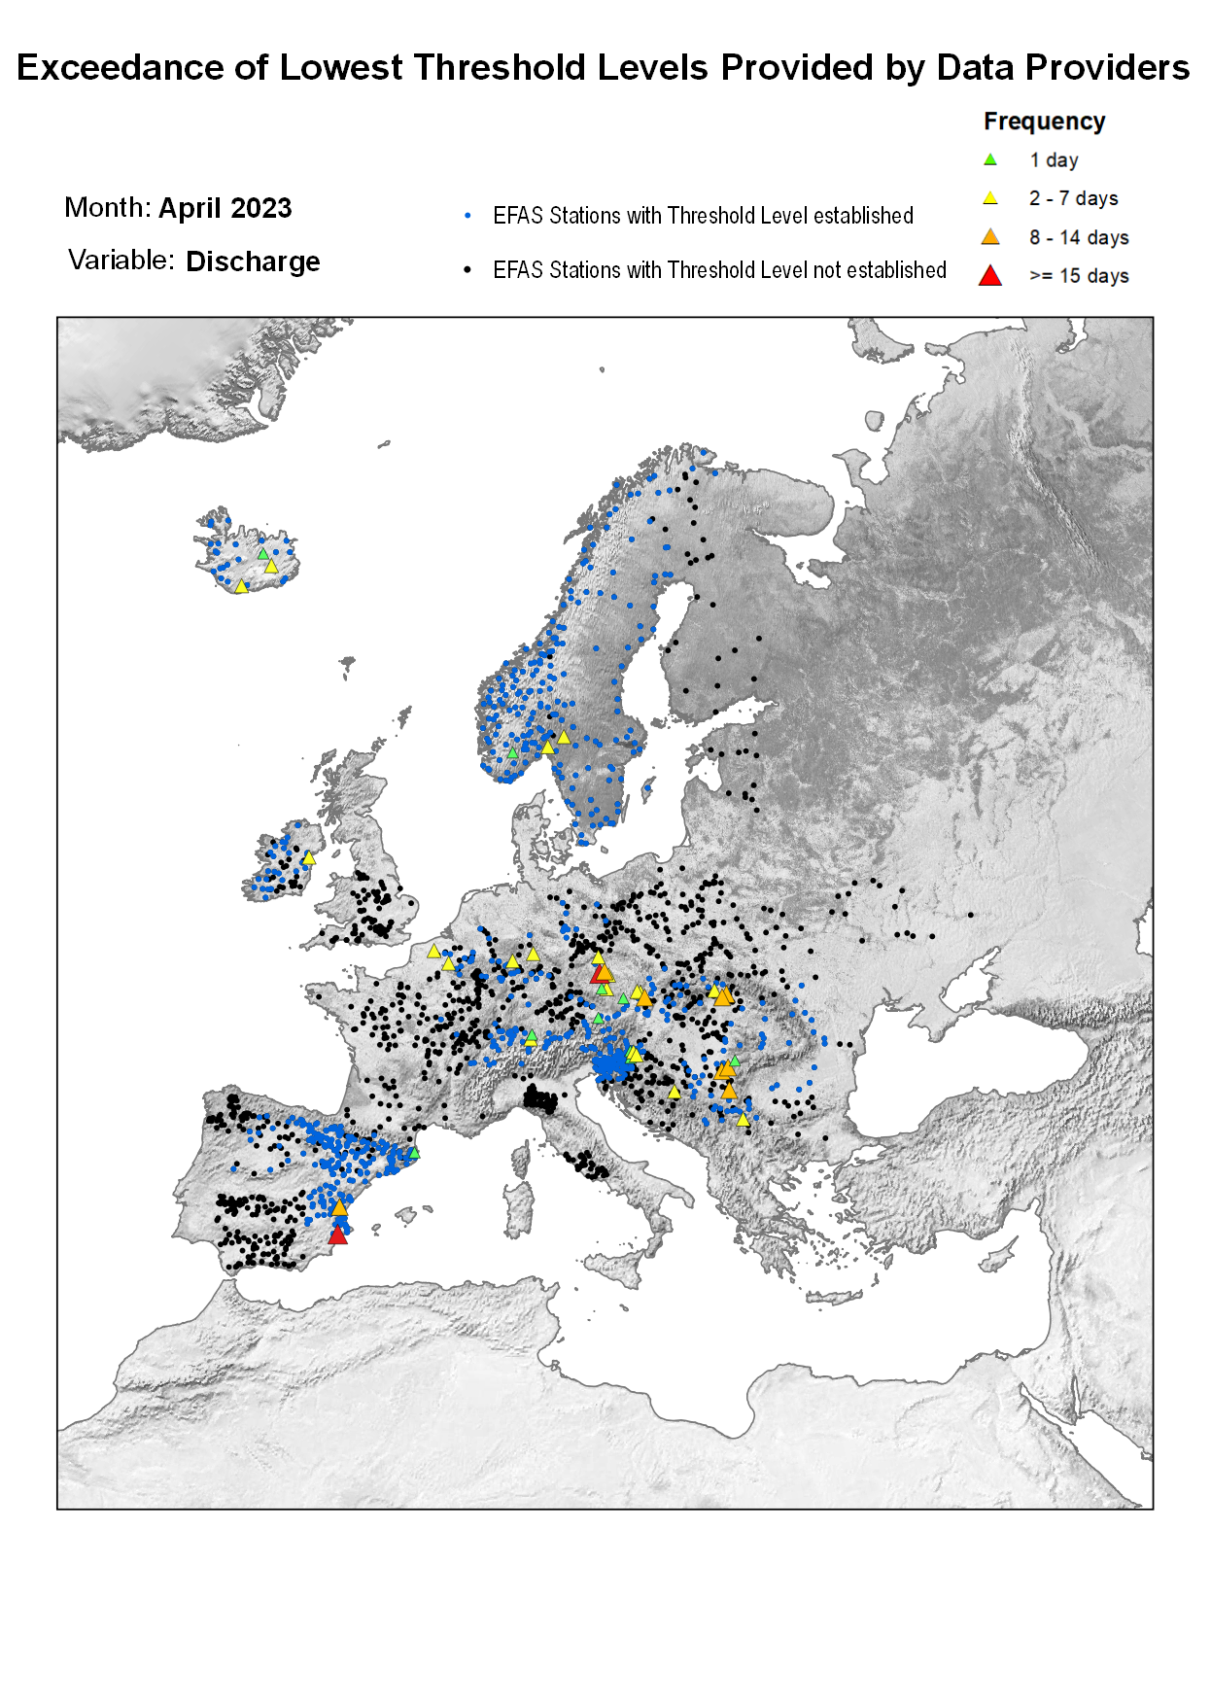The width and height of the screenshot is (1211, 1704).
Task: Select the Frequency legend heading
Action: [x=1044, y=122]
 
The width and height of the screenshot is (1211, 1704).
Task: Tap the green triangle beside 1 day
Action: [x=990, y=159]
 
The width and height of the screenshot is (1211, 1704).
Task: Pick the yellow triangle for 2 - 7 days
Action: [x=990, y=198]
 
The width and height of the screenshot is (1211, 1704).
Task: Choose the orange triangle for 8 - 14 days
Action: [x=990, y=237]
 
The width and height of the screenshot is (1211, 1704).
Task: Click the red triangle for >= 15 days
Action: [x=990, y=276]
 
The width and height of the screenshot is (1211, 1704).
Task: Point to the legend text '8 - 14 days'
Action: [x=1079, y=238]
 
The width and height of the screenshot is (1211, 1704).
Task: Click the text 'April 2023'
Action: [x=225, y=208]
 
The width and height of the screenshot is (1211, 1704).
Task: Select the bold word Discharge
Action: [x=253, y=261]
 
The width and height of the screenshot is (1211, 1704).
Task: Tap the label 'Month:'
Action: [x=108, y=208]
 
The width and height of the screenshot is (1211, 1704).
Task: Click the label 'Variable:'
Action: [x=121, y=261]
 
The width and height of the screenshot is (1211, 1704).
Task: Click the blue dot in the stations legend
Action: [x=468, y=216]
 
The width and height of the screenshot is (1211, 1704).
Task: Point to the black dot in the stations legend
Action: [x=468, y=270]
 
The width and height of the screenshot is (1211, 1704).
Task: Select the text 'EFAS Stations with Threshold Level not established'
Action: [x=719, y=270]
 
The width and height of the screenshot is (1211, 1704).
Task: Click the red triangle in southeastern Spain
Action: [x=337, y=1235]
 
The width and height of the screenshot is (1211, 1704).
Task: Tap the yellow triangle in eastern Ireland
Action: [x=309, y=858]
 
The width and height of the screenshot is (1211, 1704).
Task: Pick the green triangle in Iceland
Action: [x=262, y=554]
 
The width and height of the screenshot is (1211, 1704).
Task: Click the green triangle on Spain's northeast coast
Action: [x=413, y=1153]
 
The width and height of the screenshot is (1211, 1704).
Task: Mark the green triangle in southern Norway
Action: [x=512, y=752]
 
